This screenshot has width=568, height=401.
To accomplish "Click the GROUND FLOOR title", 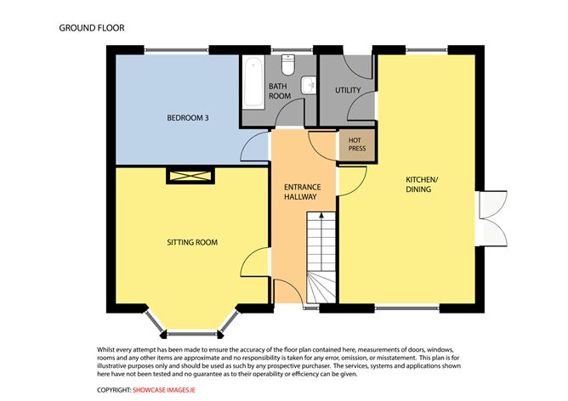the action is (92, 28).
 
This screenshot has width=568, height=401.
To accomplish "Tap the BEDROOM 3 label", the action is (188, 117).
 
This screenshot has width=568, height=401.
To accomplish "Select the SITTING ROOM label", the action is (192, 242).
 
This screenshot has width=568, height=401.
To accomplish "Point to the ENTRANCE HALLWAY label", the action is (303, 192).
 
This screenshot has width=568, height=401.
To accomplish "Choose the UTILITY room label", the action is (348, 90).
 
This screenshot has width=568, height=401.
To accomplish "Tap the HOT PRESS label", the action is (357, 144).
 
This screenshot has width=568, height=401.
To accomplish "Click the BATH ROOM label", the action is (279, 91).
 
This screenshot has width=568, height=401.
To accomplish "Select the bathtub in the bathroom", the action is (253, 82).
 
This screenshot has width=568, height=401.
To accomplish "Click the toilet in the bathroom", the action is (288, 65).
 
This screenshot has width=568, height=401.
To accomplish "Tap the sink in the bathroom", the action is (309, 86).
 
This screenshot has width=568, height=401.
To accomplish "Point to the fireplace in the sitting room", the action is (190, 176).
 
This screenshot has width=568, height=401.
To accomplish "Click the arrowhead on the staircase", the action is (321, 215).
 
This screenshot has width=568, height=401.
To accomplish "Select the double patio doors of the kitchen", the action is (492, 219).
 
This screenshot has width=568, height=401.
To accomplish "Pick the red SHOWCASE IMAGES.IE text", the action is (164, 390).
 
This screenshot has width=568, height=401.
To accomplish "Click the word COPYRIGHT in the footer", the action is (114, 390).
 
